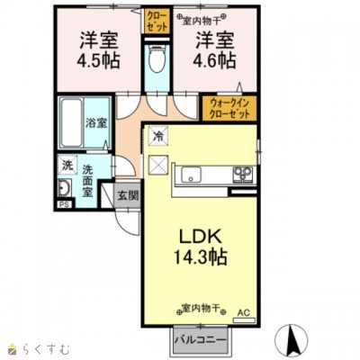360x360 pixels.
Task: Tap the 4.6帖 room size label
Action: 213,64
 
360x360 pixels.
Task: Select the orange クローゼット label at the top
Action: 156,21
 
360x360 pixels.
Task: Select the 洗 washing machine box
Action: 67,165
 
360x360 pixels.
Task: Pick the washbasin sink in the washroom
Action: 67,188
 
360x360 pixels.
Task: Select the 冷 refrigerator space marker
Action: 158,138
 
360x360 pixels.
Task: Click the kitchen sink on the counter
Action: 190,174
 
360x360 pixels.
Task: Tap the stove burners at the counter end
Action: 244,174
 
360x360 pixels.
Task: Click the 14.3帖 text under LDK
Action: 201,256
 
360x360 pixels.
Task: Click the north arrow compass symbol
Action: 293,339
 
